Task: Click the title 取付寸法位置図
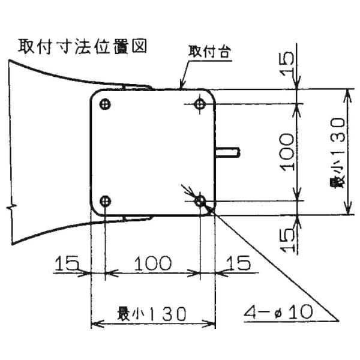point(82,47)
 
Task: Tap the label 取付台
point(209,52)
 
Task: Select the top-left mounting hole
point(105,104)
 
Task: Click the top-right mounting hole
point(200,104)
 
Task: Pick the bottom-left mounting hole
point(106,202)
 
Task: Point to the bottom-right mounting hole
point(200,202)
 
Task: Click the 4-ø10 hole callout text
point(278,312)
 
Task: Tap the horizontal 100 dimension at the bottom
point(152,263)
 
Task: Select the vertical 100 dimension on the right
point(287,152)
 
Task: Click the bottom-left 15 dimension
point(67,263)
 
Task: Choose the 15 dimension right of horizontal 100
point(238,263)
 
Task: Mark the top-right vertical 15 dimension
point(287,64)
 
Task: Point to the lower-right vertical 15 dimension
point(287,240)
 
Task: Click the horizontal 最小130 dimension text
point(152,314)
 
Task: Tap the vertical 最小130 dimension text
point(337,152)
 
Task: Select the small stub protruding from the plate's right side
point(228,152)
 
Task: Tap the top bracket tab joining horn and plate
point(137,87)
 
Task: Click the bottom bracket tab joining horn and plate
point(137,218)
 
